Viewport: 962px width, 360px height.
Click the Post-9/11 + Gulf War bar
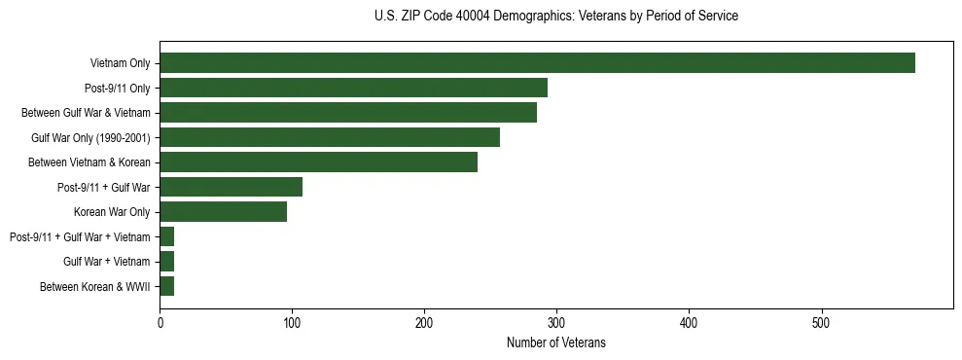231,187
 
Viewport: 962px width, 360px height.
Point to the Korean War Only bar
223,212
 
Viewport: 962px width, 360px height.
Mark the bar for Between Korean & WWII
166,286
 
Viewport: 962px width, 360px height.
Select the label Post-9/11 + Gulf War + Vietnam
80,237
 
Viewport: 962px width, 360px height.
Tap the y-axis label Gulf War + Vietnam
106,262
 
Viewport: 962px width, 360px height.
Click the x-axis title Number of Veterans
555,342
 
